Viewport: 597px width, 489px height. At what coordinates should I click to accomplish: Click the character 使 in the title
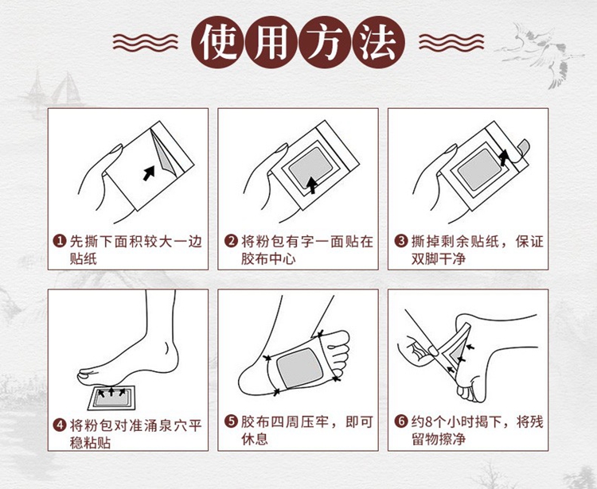tap(217, 42)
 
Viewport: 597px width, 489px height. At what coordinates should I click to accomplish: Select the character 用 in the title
tap(271, 42)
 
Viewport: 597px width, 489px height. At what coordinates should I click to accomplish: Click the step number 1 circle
tap(60, 241)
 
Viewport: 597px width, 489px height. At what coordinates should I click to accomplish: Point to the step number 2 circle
tap(230, 241)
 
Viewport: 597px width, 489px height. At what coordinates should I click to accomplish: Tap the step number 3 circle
tap(401, 241)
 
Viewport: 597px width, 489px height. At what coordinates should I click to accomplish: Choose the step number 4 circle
tap(60, 425)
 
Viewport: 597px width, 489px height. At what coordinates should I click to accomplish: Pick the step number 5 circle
tap(230, 421)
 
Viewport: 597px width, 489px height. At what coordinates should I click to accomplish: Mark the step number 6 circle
tap(401, 421)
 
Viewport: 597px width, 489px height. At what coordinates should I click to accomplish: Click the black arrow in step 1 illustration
tap(149, 173)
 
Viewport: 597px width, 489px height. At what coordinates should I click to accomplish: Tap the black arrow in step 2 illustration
tap(312, 185)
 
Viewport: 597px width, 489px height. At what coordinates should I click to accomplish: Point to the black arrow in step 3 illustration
tap(504, 157)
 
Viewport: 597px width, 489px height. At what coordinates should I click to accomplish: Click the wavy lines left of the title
tap(146, 42)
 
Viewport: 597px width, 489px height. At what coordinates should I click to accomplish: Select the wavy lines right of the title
tap(451, 42)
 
